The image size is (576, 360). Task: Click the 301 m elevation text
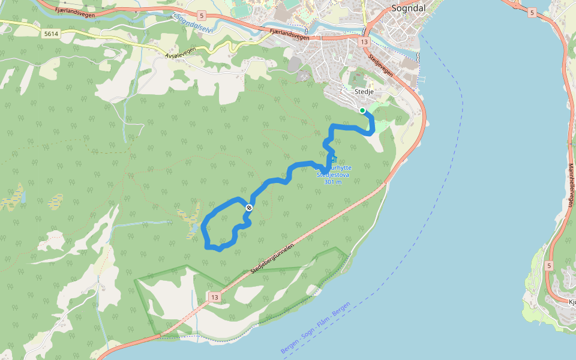(332, 182)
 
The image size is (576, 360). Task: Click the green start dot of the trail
(362, 110)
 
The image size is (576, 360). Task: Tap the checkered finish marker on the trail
(248, 207)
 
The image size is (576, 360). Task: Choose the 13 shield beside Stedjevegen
(364, 43)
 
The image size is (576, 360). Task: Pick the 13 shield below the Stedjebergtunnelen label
(215, 296)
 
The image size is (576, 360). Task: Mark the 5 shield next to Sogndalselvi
(202, 15)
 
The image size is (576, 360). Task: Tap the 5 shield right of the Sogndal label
(532, 11)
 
